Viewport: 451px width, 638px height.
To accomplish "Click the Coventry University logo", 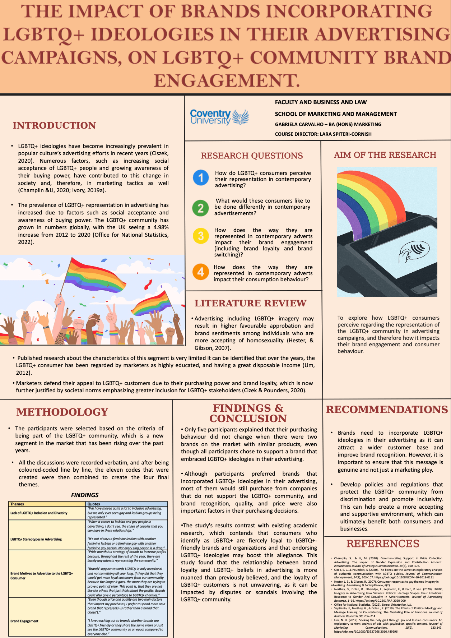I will click(219, 117).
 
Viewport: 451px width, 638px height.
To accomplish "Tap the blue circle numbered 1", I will click(201, 178).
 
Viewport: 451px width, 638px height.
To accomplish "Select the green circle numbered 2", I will click(200, 208).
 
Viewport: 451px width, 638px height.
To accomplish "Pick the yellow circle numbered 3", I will click(201, 236).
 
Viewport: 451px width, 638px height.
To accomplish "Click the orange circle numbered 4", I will click(200, 272).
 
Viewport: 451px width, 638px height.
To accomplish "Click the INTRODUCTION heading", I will click(54, 125).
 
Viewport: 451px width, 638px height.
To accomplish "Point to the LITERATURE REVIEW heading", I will click(250, 303).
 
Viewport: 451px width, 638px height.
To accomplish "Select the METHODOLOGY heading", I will click(62, 412).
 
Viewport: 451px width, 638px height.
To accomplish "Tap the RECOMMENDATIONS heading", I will click(387, 410).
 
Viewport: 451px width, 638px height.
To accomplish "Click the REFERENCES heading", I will click(383, 544).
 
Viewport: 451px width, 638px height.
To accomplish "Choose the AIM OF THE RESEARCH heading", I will click(385, 155).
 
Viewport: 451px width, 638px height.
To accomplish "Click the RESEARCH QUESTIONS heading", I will click(252, 156).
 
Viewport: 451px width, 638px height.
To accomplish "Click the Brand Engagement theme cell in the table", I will click(24, 621).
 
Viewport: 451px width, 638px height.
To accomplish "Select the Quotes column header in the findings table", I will click(94, 504).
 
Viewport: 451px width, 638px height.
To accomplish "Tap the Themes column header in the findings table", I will click(17, 504).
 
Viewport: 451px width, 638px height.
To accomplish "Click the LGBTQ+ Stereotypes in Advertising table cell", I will click(36, 539).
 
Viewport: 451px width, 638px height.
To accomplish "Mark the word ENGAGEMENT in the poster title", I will click(227, 81).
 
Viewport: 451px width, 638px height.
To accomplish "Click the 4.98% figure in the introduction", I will click(161, 227).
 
